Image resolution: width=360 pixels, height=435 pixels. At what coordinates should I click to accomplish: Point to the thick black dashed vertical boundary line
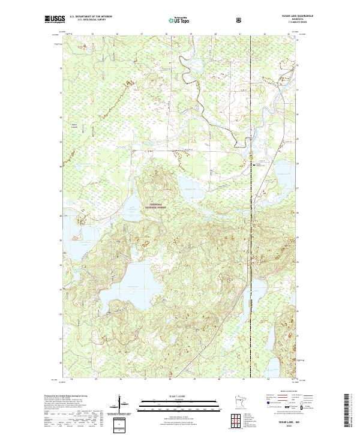[x=251, y=252]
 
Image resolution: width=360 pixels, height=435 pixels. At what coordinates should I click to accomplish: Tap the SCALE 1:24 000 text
[x=179, y=397]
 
